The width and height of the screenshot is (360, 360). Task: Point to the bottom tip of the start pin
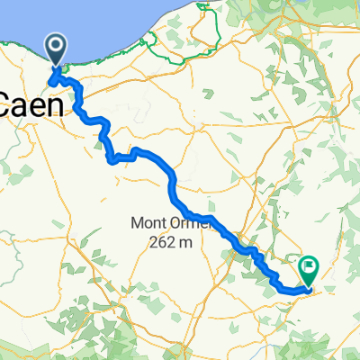point(55,67)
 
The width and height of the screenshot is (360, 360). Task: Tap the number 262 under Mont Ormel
point(160,241)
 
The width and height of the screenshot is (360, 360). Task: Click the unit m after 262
point(186,242)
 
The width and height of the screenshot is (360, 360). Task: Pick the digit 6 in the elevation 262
point(160,241)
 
